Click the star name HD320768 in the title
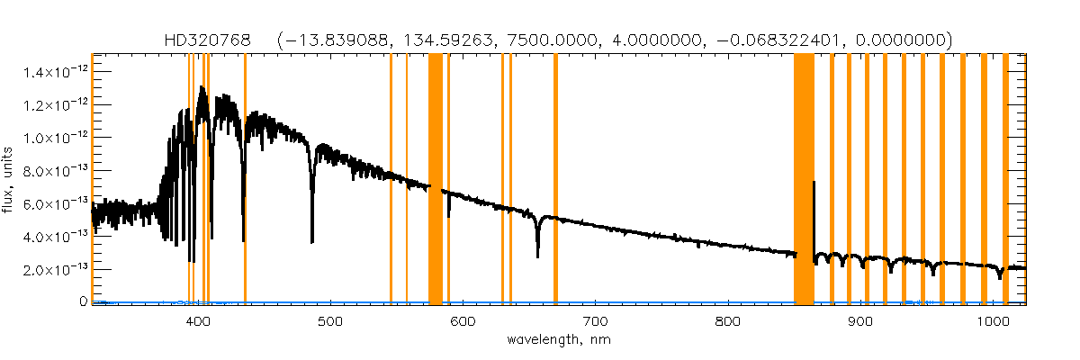(x=208, y=40)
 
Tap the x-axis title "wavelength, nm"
(x=559, y=341)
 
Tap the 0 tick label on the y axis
(x=82, y=302)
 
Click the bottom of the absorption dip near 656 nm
(x=537, y=256)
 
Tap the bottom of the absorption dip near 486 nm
(x=312, y=242)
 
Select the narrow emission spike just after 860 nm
(x=814, y=184)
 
